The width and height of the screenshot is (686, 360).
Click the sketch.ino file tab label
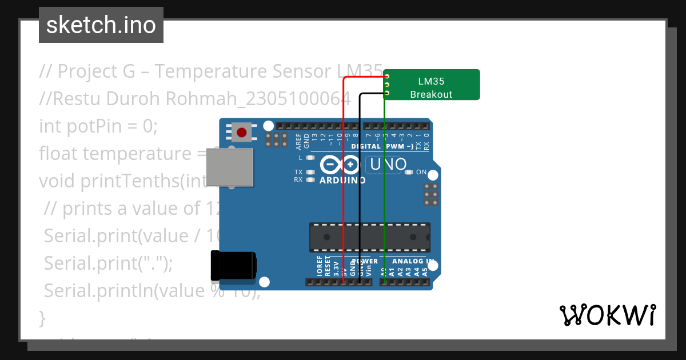(101, 25)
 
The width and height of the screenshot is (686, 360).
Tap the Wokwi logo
(607, 315)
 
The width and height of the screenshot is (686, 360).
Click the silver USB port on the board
(229, 167)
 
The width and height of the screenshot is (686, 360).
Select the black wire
(359, 189)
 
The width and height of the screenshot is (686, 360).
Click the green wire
(384, 189)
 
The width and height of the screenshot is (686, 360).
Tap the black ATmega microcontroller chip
(369, 237)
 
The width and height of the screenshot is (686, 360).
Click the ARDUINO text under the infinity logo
(342, 181)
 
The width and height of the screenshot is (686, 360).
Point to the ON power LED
(409, 172)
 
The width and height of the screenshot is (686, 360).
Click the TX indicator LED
(310, 172)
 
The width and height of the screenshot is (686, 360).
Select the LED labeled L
(310, 157)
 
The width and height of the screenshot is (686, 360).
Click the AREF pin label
(298, 139)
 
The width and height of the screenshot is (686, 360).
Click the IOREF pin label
(320, 267)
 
